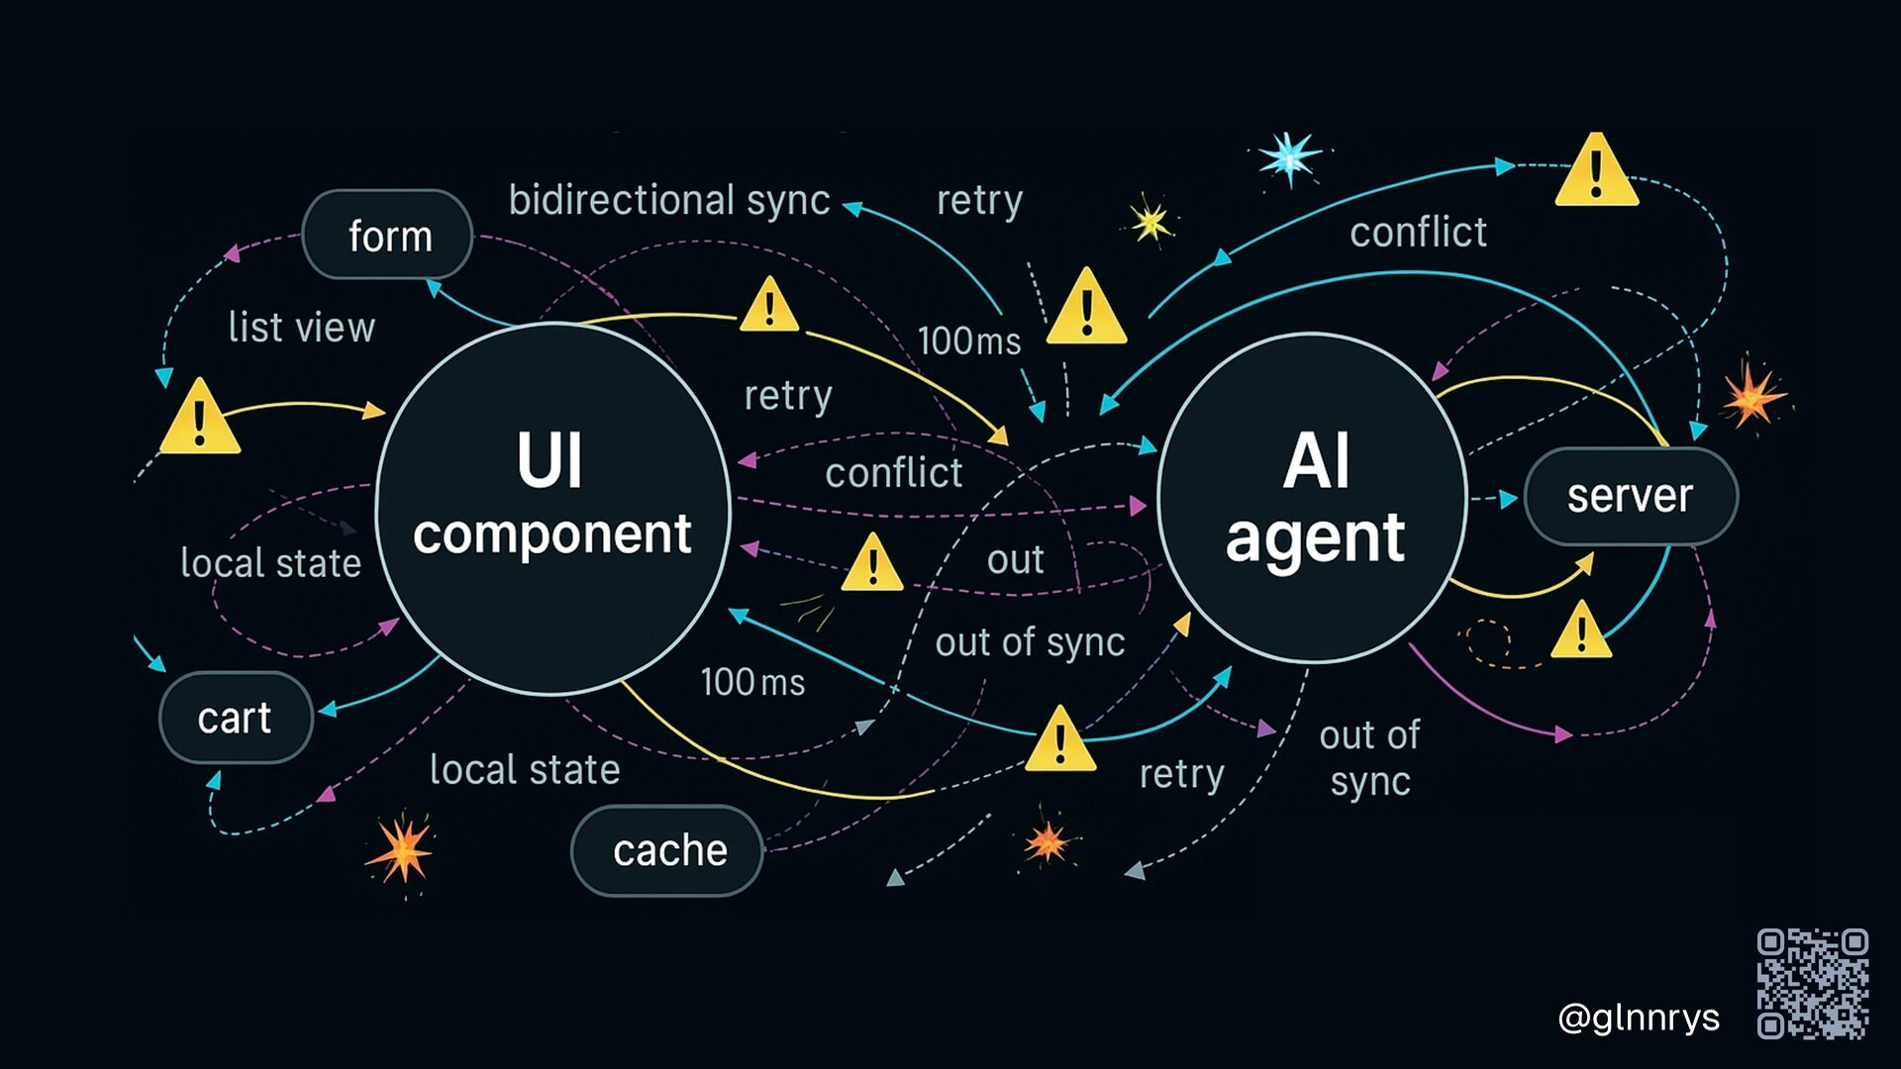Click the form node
pyautogui.click(x=387, y=236)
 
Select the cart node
pyautogui.click(x=236, y=718)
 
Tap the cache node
pyautogui.click(x=667, y=850)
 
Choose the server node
pyautogui.click(x=1630, y=496)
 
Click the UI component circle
pyautogui.click(x=551, y=509)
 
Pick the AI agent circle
pyautogui.click(x=1313, y=499)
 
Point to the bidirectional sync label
pyautogui.click(x=668, y=200)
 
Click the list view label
pyautogui.click(x=301, y=328)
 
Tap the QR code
pyautogui.click(x=1812, y=983)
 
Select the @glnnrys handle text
pyautogui.click(x=1638, y=1018)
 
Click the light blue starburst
pyautogui.click(x=1289, y=157)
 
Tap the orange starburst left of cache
pyautogui.click(x=401, y=849)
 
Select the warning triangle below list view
pyautogui.click(x=199, y=420)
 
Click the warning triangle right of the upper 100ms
pyautogui.click(x=1086, y=310)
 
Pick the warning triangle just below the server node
pyautogui.click(x=1580, y=632)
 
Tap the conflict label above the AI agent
pyautogui.click(x=1417, y=233)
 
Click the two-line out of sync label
pyautogui.click(x=1369, y=758)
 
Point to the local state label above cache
pyautogui.click(x=525, y=770)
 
